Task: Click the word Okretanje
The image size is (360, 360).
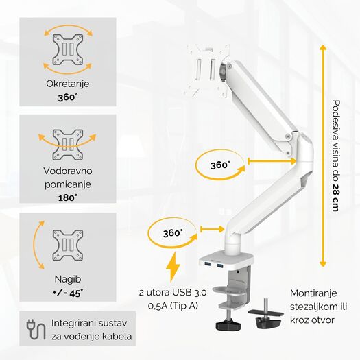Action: pyautogui.click(x=67, y=84)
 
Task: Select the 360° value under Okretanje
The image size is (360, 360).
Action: pyautogui.click(x=67, y=97)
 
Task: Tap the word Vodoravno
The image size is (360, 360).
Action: pyautogui.click(x=68, y=171)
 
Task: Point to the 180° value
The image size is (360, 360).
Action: pyautogui.click(x=67, y=198)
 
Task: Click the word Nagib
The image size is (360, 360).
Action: pyautogui.click(x=68, y=279)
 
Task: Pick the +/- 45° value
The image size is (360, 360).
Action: pyautogui.click(x=68, y=293)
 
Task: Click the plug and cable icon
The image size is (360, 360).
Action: pyautogui.click(x=36, y=329)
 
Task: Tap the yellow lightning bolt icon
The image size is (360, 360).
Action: pyautogui.click(x=173, y=267)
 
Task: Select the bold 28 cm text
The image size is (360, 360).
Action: pyautogui.click(x=335, y=197)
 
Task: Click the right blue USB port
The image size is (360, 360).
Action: pyautogui.click(x=219, y=266)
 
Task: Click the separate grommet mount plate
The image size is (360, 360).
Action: pyautogui.click(x=265, y=313)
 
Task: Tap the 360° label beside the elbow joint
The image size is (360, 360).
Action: pyautogui.click(x=220, y=165)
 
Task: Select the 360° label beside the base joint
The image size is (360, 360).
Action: pyautogui.click(x=173, y=233)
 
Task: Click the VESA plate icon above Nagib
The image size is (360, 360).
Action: pyautogui.click(x=68, y=245)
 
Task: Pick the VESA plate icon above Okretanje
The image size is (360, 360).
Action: pyautogui.click(x=68, y=49)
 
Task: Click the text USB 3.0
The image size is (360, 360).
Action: pyautogui.click(x=189, y=293)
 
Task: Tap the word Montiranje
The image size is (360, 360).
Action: pyautogui.click(x=313, y=293)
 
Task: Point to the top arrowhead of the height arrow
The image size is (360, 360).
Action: pyautogui.click(x=323, y=48)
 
